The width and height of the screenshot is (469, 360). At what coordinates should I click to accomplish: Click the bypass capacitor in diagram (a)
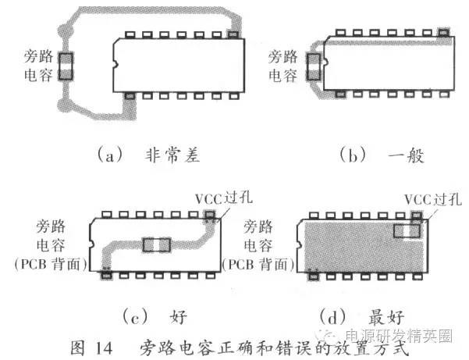tap(66, 66)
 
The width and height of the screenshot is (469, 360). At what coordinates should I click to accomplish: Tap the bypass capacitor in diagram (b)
tap(314, 66)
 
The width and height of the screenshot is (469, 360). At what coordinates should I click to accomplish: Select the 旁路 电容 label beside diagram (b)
tap(282, 66)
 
